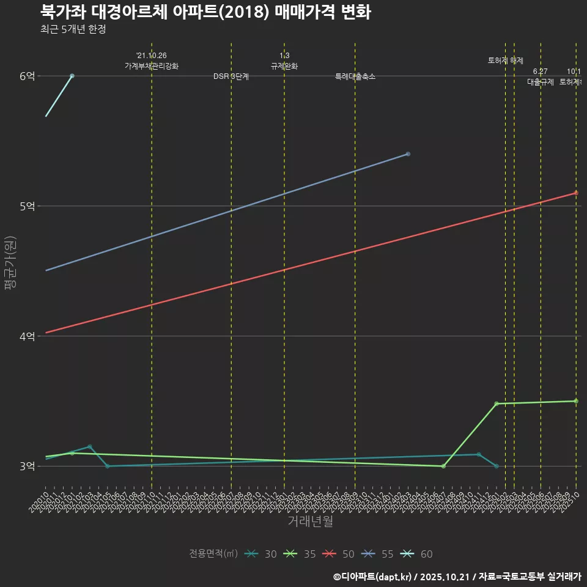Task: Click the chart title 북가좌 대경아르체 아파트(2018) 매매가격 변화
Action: pyautogui.click(x=205, y=12)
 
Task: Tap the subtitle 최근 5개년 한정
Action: pyautogui.click(x=73, y=29)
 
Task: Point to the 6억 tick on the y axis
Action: pyautogui.click(x=27, y=76)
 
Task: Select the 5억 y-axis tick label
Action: pyautogui.click(x=27, y=206)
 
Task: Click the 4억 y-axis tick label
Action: pyautogui.click(x=27, y=336)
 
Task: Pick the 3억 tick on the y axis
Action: pyautogui.click(x=27, y=467)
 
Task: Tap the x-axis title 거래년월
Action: pyautogui.click(x=310, y=522)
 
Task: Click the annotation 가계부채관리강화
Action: pyautogui.click(x=152, y=66)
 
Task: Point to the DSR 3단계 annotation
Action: pyautogui.click(x=231, y=77)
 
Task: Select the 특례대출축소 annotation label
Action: pyautogui.click(x=355, y=77)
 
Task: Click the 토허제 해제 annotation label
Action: pyautogui.click(x=506, y=61)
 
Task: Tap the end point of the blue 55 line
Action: pyautogui.click(x=408, y=154)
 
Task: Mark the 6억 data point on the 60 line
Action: pyautogui.click(x=72, y=76)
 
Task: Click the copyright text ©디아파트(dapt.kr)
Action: pyautogui.click(x=374, y=577)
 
